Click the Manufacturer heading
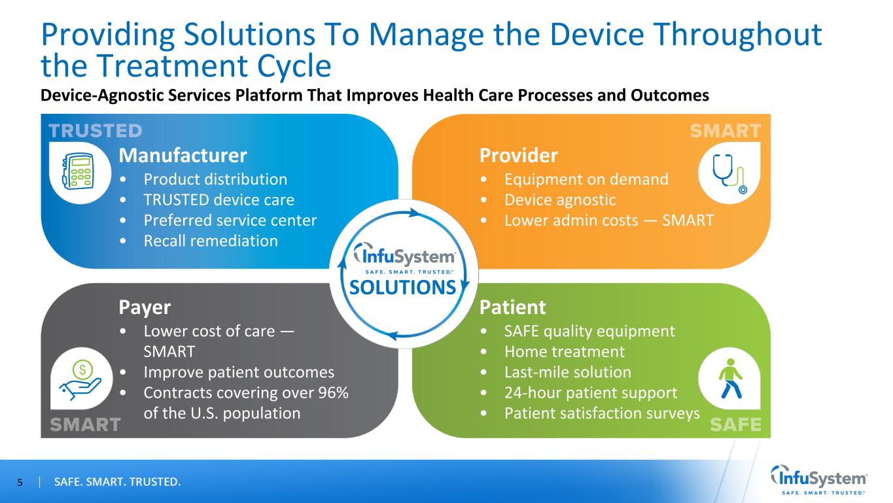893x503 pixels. (183, 155)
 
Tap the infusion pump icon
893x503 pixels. (78, 171)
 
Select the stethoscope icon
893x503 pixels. (729, 174)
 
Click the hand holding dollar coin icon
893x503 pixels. (80, 379)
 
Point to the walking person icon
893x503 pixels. (730, 378)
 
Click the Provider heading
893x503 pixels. (518, 155)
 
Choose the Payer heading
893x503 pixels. (145, 307)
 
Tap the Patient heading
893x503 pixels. (512, 307)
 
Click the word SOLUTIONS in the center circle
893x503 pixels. (402, 287)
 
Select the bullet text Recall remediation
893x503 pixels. (211, 241)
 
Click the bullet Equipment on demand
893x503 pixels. (586, 179)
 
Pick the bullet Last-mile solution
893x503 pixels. (568, 372)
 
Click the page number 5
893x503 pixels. (20, 483)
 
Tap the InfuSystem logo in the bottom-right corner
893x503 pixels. (819, 480)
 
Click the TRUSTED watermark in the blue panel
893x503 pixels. (96, 131)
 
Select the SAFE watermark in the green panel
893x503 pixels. (735, 425)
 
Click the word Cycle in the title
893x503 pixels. (294, 66)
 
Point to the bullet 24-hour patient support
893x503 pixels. (590, 393)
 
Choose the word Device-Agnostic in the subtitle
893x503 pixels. (101, 95)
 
